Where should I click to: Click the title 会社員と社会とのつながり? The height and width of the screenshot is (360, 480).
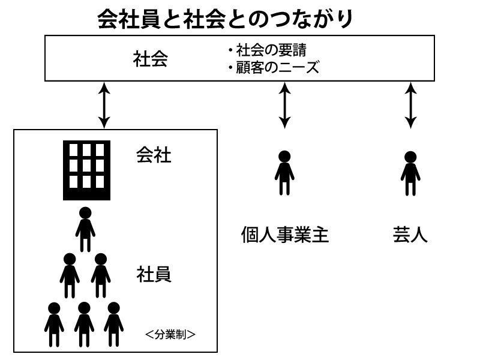pos(226,20)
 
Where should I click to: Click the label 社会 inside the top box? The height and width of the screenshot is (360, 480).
pos(151,59)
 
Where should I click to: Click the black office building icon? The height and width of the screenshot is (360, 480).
pos(86,170)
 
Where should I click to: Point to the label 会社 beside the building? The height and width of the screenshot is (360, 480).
pos(154,155)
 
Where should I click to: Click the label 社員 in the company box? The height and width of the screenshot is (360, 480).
pos(154,274)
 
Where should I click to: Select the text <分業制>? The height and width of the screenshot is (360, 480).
pos(170,334)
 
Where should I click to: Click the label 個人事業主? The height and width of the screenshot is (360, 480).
pos(285,235)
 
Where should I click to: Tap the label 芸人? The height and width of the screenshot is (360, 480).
pos(410,235)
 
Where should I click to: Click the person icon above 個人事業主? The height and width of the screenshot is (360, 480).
pos(284,173)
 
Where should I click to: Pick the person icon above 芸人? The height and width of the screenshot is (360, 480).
pos(410,173)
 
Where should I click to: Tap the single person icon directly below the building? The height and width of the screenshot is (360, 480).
pos(85,229)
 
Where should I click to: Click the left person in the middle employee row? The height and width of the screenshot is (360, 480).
pos(70,275)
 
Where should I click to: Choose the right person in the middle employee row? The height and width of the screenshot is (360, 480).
pos(100,275)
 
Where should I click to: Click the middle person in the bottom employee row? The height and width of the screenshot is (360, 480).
pos(84,325)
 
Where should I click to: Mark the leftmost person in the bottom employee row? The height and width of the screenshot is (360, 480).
pos(54,325)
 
